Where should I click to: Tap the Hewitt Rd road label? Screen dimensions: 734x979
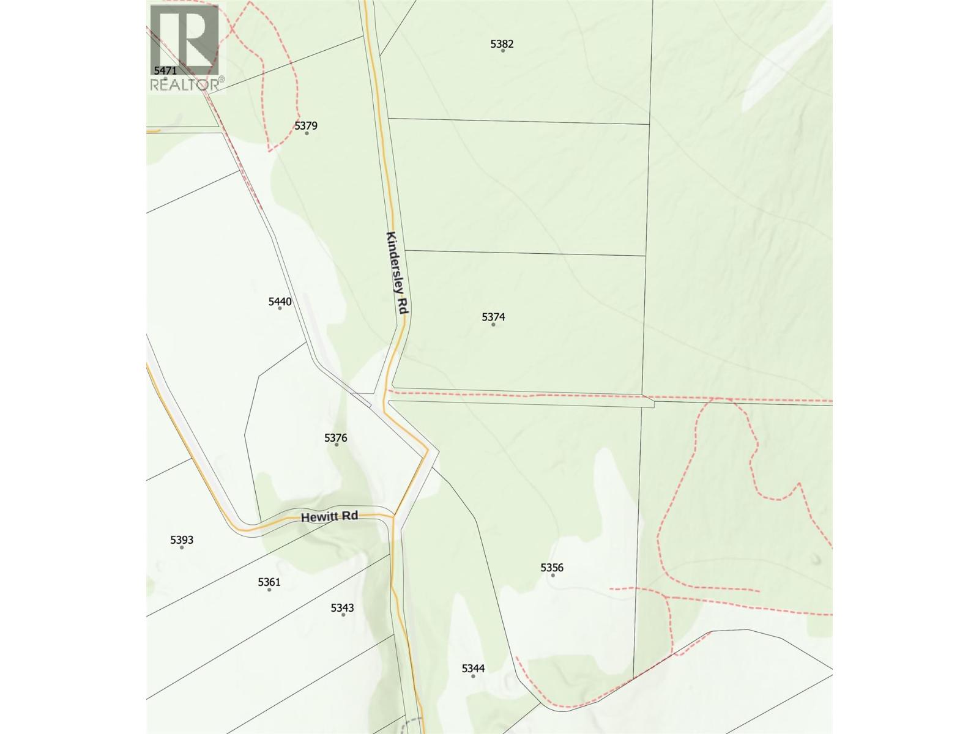click(x=329, y=517)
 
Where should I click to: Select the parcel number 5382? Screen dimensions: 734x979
click(x=502, y=43)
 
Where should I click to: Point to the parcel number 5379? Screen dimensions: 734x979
click(x=306, y=126)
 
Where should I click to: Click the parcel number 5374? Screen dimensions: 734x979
click(x=493, y=317)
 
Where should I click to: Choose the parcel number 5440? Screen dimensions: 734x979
click(x=280, y=301)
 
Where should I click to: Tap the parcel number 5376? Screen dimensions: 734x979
click(x=336, y=437)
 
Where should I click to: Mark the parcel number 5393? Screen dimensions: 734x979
click(x=182, y=539)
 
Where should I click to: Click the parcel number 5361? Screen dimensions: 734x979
click(x=269, y=582)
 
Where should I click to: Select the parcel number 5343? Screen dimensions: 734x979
click(x=342, y=607)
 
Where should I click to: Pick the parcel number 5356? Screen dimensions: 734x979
click(x=552, y=568)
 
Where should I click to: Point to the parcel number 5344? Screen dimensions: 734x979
click(x=473, y=669)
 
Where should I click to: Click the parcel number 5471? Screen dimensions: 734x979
click(x=165, y=71)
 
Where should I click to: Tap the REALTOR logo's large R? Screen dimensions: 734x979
click(x=185, y=39)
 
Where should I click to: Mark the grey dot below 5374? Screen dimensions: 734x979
click(x=493, y=324)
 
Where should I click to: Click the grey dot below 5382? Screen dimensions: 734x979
click(x=503, y=50)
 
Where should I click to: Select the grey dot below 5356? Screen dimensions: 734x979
click(x=553, y=575)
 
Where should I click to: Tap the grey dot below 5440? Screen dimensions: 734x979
click(x=280, y=308)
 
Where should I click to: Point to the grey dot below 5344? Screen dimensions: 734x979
click(x=473, y=676)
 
